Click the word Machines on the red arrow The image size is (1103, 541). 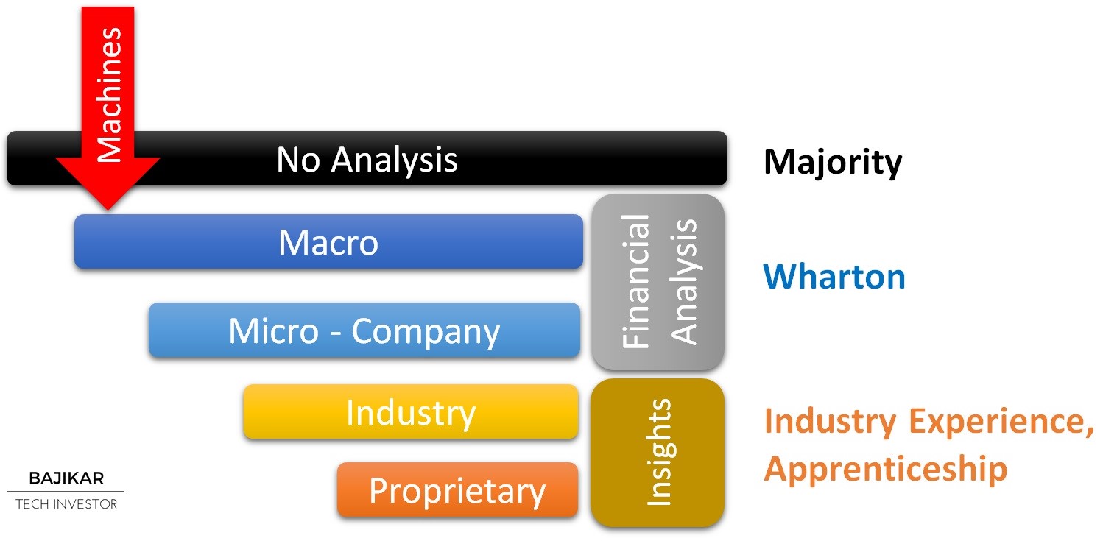point(109,94)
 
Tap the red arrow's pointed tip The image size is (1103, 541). point(108,210)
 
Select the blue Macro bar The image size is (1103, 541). point(328,241)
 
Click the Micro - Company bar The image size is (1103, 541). point(364,330)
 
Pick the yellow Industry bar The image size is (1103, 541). point(411,411)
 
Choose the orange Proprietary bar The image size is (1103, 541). point(457,489)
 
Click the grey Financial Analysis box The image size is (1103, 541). point(658,282)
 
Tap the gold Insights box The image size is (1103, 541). point(658,453)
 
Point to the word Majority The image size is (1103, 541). point(833,163)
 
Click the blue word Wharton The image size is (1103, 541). point(834,277)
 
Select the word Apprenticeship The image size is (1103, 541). point(886,469)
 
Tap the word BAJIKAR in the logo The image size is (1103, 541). point(66,478)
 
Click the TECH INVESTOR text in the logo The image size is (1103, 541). point(66,504)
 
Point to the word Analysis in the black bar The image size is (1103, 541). point(394,160)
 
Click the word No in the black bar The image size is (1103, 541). point(298,160)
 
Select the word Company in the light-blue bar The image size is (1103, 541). point(426,332)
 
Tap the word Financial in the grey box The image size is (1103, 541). point(635,282)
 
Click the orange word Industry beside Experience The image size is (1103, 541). point(831,421)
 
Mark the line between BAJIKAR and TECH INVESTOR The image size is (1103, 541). point(66,491)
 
